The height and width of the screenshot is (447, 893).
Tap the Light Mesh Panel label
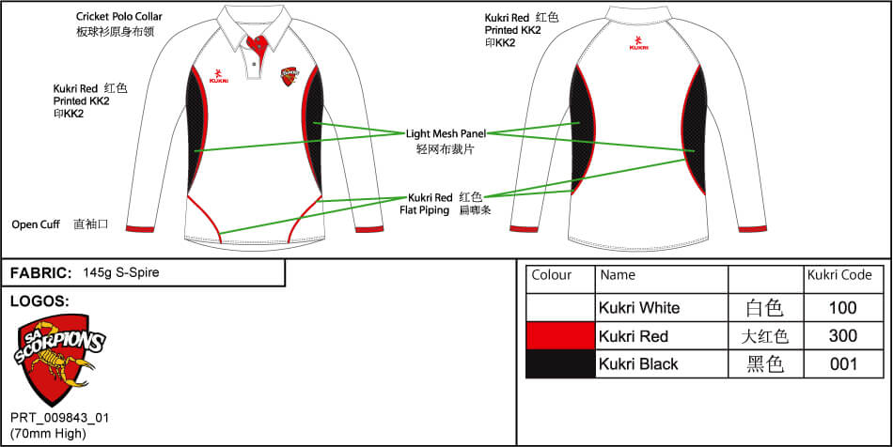(446, 134)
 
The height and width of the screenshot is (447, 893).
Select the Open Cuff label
(36, 224)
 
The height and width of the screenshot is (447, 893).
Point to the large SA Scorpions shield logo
(57, 360)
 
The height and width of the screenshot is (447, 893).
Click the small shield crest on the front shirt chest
(289, 77)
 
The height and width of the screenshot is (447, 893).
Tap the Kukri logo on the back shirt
(639, 42)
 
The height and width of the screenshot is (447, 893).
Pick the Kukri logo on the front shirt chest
(219, 76)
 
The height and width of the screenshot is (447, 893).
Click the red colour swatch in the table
(560, 336)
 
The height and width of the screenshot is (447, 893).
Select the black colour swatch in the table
(560, 364)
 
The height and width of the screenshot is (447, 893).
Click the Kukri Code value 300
(843, 336)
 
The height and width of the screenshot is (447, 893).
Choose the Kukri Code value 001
(843, 364)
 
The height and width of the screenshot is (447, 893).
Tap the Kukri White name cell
(639, 308)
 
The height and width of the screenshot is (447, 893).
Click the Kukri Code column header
(839, 275)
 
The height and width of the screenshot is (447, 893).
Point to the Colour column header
(551, 275)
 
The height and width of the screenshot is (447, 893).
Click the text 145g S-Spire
(120, 272)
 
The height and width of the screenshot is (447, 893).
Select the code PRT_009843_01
(59, 418)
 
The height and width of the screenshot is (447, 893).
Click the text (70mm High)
(48, 433)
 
